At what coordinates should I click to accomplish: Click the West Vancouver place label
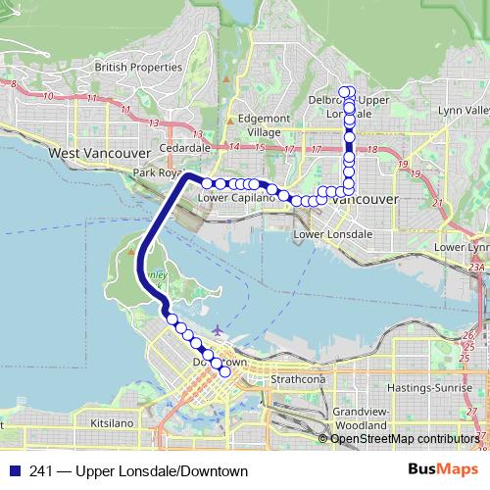(98, 154)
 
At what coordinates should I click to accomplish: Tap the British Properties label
(138, 67)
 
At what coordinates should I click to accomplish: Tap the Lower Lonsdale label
(333, 235)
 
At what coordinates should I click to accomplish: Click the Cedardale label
(185, 147)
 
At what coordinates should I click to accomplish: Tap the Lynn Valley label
(465, 110)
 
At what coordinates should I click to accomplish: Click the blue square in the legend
(14, 471)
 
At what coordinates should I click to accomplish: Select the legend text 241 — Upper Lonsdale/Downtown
(139, 471)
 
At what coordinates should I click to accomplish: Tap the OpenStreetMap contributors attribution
(405, 438)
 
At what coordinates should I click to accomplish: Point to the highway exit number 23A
(476, 267)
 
